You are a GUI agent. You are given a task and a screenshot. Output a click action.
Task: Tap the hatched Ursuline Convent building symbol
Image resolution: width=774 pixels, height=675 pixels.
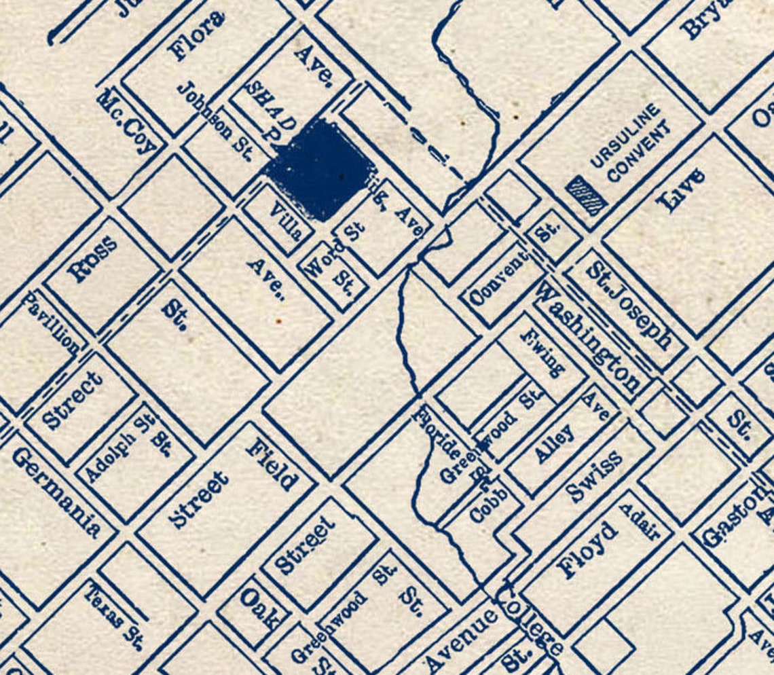587,196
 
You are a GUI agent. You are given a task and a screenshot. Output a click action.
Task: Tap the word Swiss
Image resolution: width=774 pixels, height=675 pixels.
593,477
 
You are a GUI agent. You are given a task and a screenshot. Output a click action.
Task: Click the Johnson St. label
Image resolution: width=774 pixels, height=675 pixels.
215,121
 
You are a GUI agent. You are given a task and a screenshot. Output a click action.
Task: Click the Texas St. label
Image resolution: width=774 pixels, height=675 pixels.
113,615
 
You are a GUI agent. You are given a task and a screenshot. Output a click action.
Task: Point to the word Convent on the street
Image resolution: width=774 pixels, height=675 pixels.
498,278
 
